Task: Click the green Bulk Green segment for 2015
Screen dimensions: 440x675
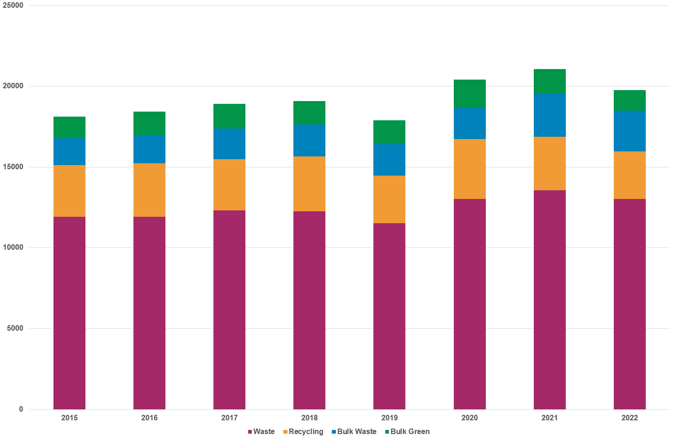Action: (69, 127)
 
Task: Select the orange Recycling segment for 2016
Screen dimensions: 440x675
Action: (149, 190)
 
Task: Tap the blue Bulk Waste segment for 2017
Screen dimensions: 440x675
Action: (229, 144)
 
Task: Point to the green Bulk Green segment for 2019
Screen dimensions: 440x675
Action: (389, 132)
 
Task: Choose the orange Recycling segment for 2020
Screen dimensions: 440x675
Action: (469, 169)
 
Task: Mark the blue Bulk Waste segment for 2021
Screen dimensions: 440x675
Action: (549, 115)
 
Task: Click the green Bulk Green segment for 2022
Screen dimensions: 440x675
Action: (629, 100)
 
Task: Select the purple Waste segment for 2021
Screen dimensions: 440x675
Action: (549, 300)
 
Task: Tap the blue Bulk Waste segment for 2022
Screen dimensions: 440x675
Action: (629, 131)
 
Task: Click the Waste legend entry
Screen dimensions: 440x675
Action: (261, 431)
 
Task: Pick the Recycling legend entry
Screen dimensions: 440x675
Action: (303, 431)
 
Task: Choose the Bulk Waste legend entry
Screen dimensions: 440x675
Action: (354, 431)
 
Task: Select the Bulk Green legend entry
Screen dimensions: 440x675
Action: (407, 431)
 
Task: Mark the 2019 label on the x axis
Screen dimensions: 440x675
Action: (389, 418)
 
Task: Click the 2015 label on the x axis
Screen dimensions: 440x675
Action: (69, 418)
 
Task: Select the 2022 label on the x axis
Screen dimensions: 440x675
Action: (629, 418)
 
